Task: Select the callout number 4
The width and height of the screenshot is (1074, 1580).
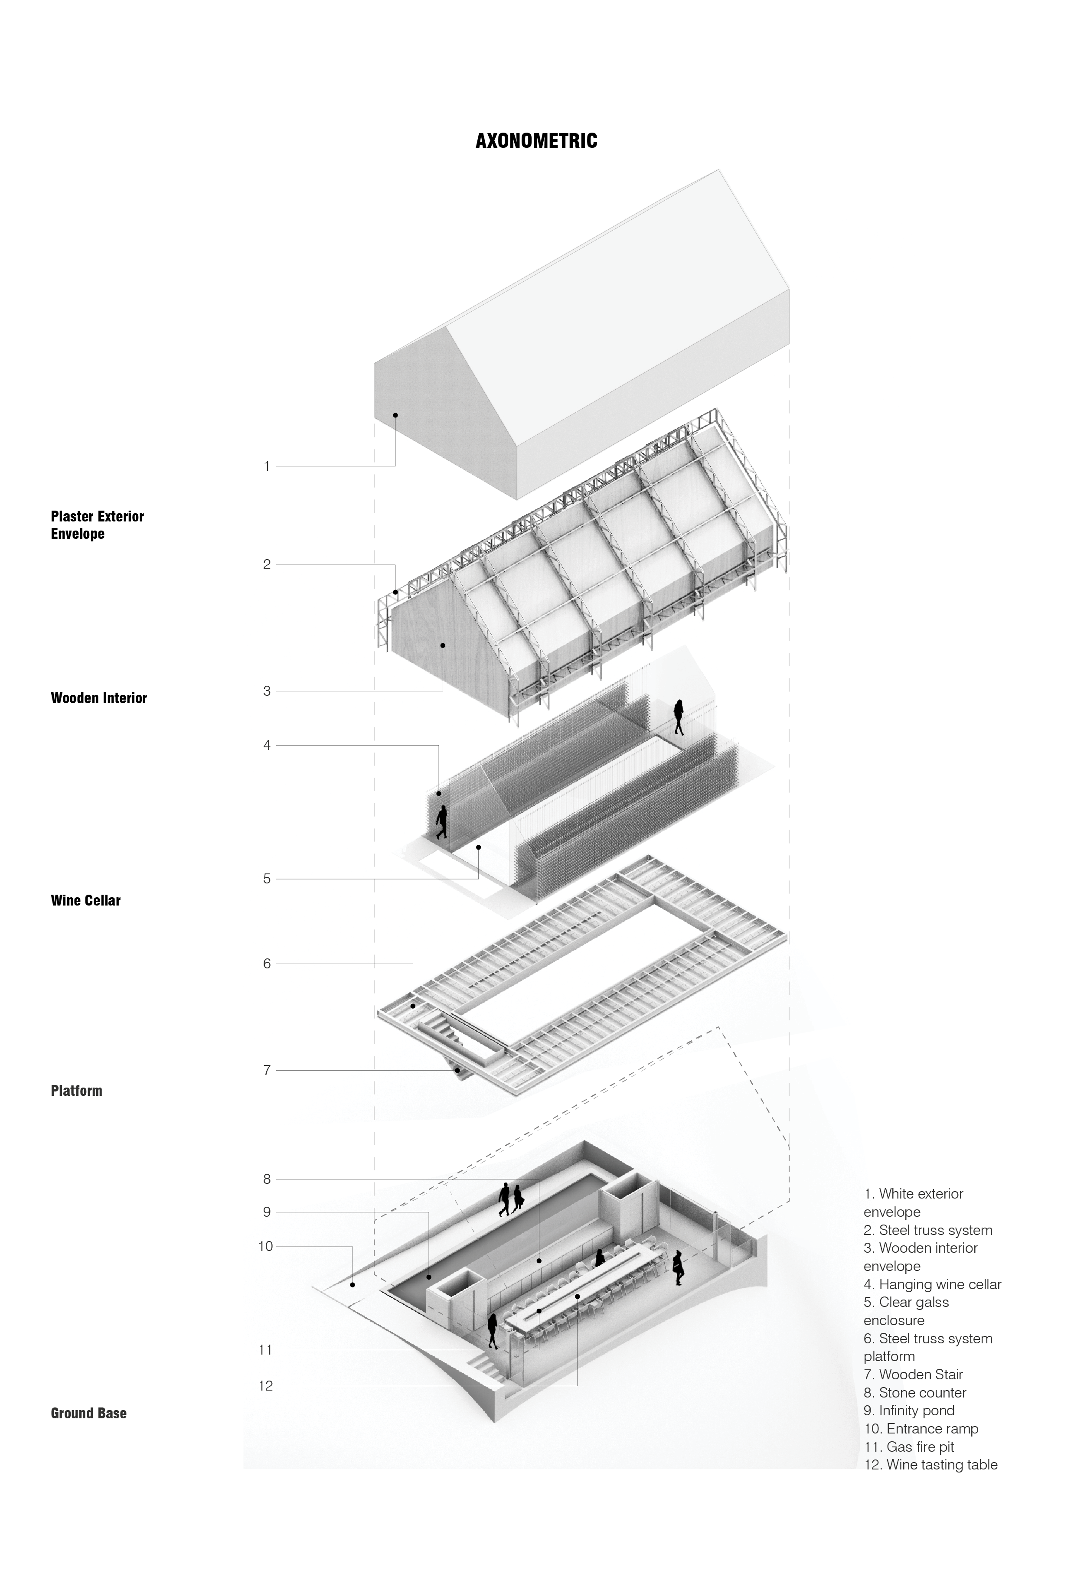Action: pos(267,745)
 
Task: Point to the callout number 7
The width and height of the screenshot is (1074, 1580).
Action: pos(267,1070)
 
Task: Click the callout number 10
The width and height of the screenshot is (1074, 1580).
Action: pos(265,1246)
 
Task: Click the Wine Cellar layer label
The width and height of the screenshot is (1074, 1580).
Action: pos(86,900)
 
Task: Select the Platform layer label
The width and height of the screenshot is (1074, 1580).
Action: pos(76,1091)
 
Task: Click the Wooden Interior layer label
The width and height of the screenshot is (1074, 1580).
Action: pos(98,697)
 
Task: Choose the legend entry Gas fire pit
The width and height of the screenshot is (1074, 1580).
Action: pos(909,1447)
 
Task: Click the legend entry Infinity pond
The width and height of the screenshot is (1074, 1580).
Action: pos(909,1411)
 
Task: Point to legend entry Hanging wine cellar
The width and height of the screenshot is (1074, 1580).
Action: pos(932,1284)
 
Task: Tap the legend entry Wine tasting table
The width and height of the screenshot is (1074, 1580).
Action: pos(930,1465)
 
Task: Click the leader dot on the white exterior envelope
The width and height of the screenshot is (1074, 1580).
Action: pos(395,415)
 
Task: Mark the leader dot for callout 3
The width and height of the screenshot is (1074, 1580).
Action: pos(443,645)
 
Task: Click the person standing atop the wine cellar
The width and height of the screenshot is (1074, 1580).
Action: pos(678,717)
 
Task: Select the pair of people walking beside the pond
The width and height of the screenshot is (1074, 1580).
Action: pos(511,1199)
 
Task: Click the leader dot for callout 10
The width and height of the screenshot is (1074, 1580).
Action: pos(353,1285)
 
